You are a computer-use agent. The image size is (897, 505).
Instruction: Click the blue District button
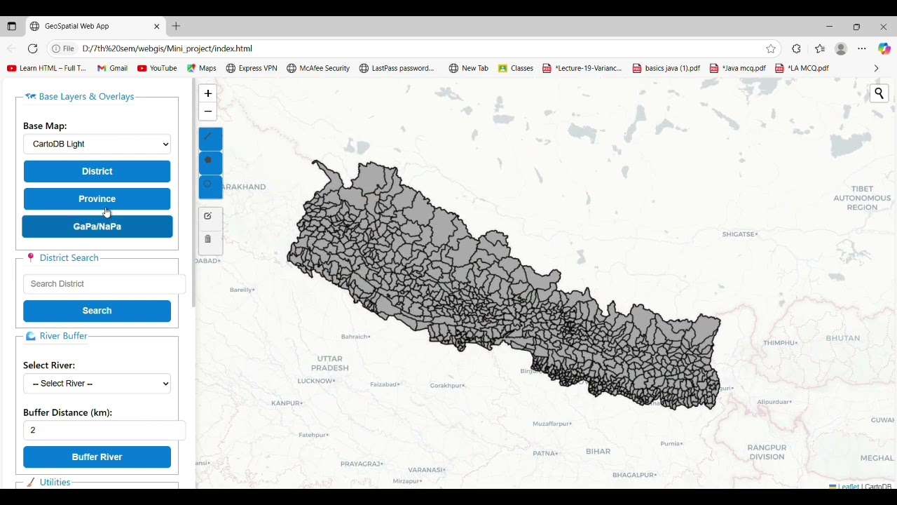coord(97,171)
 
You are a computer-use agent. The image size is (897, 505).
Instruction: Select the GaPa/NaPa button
coord(97,227)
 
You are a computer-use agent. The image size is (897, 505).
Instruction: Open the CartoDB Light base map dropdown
coord(97,144)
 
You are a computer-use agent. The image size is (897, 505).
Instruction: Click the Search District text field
coord(104,284)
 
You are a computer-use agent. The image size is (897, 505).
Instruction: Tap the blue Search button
coord(97,311)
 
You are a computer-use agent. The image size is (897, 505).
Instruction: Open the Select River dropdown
coord(97,384)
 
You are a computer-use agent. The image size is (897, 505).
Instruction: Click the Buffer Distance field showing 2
coord(104,431)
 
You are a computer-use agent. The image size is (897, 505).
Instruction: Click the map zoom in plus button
coord(207,93)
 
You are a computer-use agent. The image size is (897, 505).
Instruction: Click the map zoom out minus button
coord(207,112)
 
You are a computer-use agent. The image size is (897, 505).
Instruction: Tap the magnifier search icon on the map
coord(879,93)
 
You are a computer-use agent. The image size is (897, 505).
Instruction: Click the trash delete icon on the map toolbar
coord(207,239)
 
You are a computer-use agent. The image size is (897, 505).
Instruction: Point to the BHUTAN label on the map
coord(842,338)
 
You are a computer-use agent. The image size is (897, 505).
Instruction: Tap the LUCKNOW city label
coord(316,381)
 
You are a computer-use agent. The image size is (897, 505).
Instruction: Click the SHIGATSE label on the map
coord(739,234)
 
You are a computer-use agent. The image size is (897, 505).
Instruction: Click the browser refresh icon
coord(32,48)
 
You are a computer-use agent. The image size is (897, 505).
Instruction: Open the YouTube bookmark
coord(157,68)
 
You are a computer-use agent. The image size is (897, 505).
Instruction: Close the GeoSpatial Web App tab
coord(157,26)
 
